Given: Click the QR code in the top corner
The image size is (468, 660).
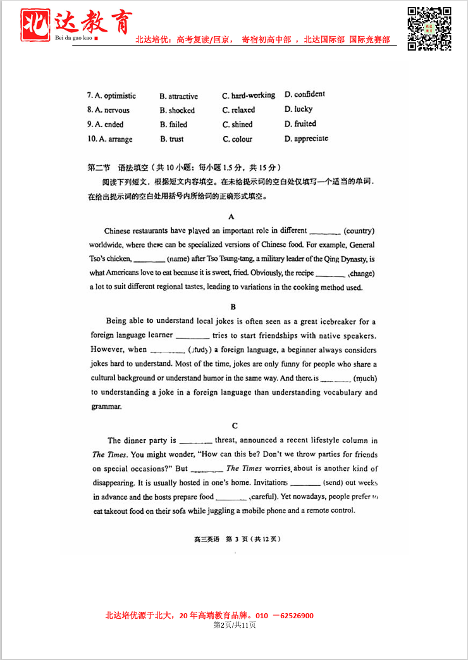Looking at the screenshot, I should coord(429,28).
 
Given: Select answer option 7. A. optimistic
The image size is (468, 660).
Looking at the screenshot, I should coord(111,96).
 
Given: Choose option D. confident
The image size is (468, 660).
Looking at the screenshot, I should coord(305,94).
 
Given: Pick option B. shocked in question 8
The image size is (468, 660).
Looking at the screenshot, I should coord(177,110).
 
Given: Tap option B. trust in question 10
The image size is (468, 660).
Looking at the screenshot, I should coord(172,139).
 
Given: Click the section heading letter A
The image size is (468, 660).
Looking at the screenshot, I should coord(231,216).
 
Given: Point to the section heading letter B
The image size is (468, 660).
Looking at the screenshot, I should coord(233,307).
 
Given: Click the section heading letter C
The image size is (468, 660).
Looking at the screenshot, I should coord(235,426).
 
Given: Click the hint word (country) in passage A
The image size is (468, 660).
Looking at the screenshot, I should coord(359,231).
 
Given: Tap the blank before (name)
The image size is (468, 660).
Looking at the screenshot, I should coord(149,259).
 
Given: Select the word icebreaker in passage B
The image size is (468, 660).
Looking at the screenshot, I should coord(340,321).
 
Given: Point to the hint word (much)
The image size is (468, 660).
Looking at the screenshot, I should coord(365,379).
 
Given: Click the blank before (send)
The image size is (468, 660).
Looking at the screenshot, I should coord(305,483).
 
